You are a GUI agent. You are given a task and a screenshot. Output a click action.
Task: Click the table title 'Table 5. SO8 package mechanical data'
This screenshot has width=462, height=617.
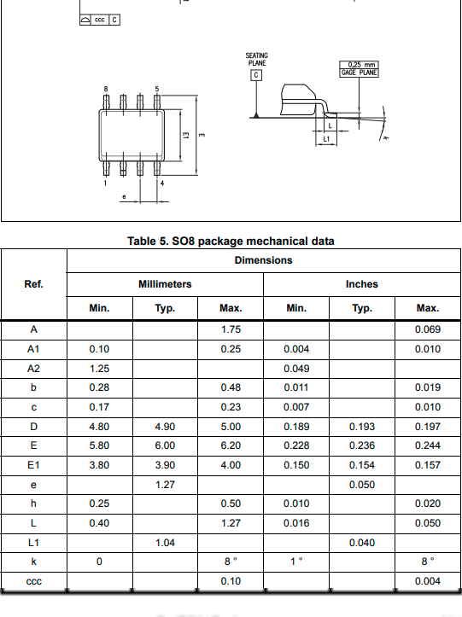[x=231, y=242]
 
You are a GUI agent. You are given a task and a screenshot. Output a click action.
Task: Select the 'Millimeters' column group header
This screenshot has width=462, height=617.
[x=165, y=284]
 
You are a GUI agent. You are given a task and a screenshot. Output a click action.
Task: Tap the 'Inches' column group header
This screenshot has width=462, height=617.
[x=361, y=284]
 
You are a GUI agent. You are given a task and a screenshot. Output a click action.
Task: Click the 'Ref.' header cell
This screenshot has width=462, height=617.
[x=33, y=284]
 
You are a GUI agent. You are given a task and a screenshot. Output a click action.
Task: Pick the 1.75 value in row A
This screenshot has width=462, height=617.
[x=230, y=329]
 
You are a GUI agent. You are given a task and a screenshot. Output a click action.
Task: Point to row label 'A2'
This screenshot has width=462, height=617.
[x=33, y=368]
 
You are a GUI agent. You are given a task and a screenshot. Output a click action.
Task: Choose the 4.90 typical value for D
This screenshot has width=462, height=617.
[x=165, y=426]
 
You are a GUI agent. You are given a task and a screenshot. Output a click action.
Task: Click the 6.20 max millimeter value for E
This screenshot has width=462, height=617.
[x=230, y=445]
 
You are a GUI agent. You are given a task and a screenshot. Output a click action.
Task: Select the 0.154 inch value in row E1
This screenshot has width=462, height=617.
[x=361, y=465]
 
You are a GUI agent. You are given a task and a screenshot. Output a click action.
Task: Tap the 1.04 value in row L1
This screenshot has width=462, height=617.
[x=165, y=542]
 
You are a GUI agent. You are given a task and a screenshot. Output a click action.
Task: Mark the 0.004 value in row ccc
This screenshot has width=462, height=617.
[x=428, y=581]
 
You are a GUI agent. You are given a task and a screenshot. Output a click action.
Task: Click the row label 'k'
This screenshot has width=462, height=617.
[x=33, y=562]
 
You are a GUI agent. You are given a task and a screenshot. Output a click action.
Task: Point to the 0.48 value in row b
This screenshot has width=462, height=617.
[x=230, y=387]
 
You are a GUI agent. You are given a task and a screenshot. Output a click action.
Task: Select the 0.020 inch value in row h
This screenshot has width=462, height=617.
[x=428, y=503]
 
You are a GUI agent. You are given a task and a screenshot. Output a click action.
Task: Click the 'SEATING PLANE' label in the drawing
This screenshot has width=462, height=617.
[x=256, y=60]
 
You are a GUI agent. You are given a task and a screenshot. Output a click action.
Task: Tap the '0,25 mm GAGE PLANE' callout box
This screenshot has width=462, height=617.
[x=359, y=69]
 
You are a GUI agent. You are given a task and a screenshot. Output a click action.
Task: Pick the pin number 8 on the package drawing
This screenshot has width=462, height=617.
[x=106, y=90]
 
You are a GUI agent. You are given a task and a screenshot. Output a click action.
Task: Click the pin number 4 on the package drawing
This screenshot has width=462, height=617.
[x=161, y=183]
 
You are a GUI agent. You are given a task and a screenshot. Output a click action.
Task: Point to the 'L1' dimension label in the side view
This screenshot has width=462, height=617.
[x=327, y=137]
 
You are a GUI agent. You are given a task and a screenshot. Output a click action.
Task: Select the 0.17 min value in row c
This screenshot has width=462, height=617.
[x=99, y=407]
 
